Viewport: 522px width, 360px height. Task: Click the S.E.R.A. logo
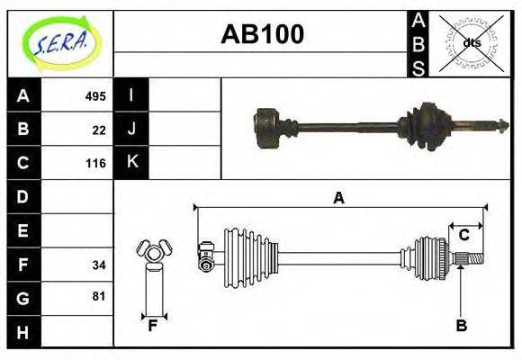[x=61, y=41]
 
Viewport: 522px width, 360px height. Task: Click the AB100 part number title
[x=262, y=35]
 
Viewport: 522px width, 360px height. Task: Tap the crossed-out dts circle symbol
[x=472, y=42]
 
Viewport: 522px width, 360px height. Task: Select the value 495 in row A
[x=95, y=96]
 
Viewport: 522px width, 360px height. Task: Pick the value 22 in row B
[x=99, y=130]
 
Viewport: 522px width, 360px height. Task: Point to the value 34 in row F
[x=99, y=265]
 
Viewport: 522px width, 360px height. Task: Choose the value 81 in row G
[x=99, y=296]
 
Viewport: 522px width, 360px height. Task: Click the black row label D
[x=23, y=196]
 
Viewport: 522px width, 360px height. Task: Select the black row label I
[x=131, y=95]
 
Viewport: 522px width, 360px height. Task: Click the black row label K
[x=131, y=163]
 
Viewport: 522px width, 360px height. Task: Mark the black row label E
[x=23, y=230]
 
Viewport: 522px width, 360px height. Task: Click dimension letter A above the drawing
[x=339, y=198]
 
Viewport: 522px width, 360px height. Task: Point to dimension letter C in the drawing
[x=464, y=235]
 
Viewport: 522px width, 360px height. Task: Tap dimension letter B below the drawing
[x=461, y=326]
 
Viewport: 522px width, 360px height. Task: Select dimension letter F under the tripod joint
[x=154, y=326]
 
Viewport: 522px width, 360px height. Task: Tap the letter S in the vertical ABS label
[x=419, y=66]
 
